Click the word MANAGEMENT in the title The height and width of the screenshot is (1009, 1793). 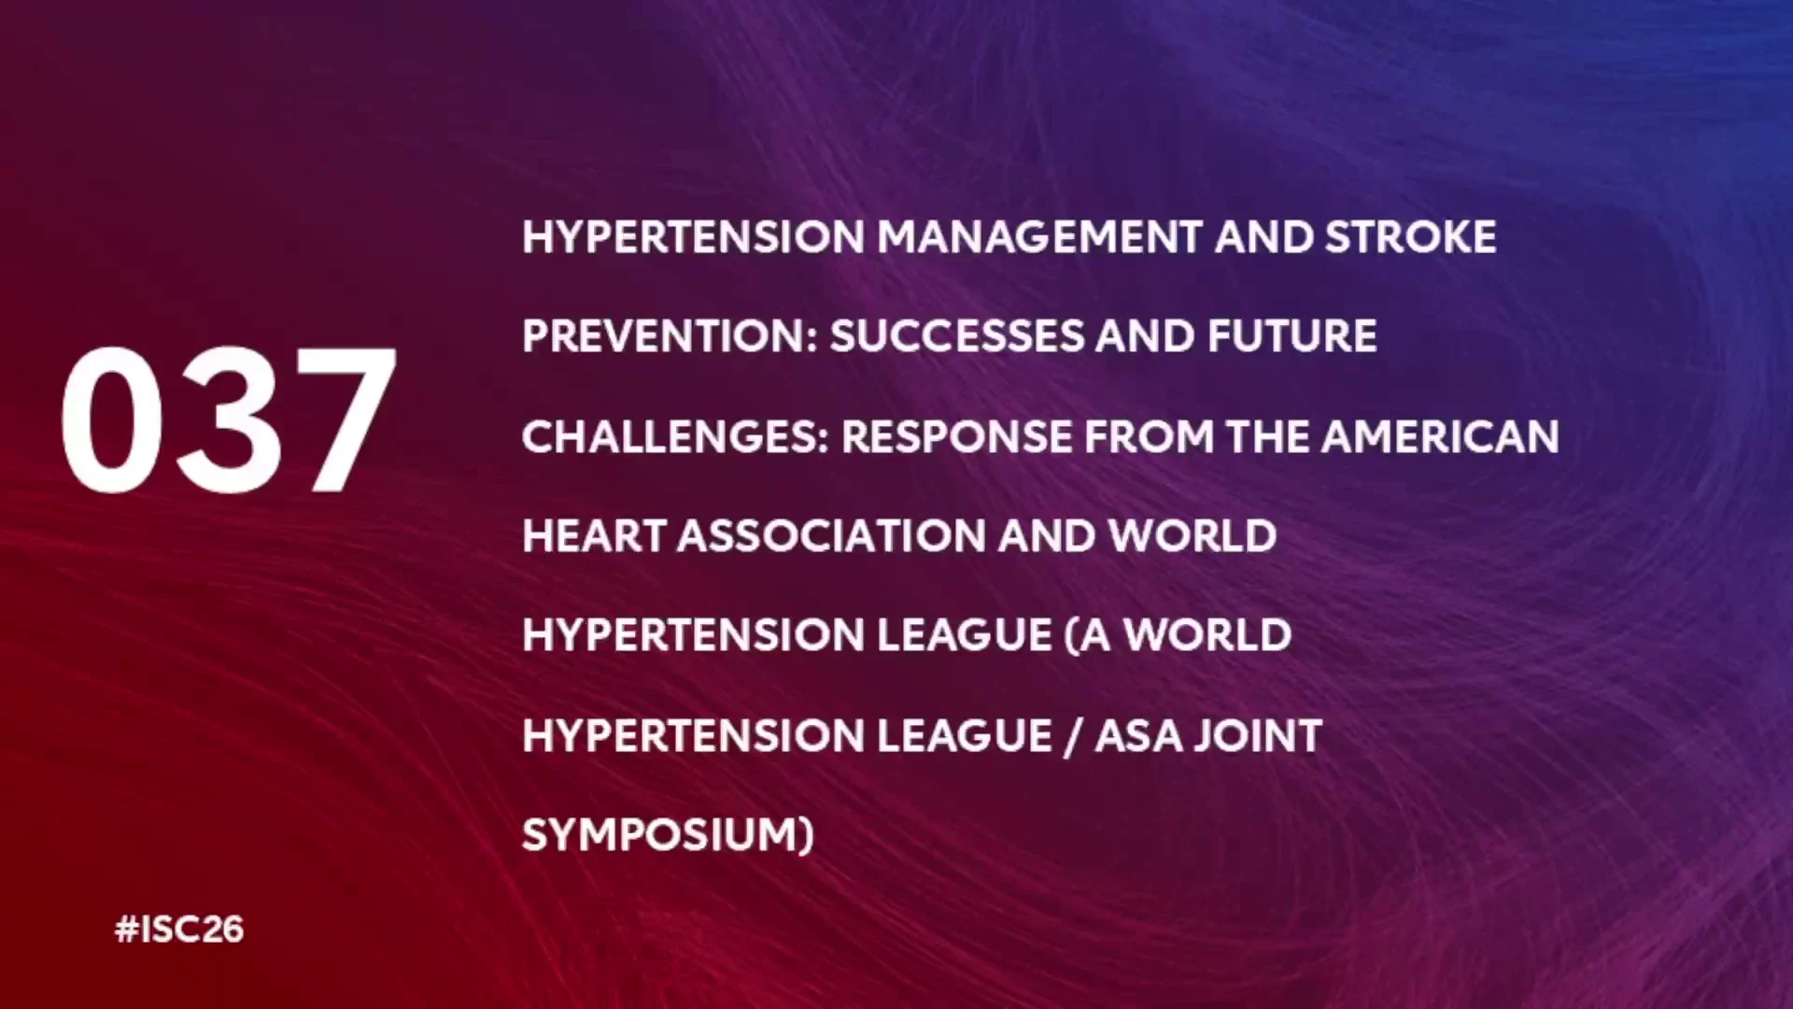pyautogui.click(x=1039, y=237)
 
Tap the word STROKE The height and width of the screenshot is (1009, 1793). pyautogui.click(x=1411, y=237)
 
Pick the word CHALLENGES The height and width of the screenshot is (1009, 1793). pyautogui.click(x=675, y=436)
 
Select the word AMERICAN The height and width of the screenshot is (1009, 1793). pyautogui.click(x=1440, y=436)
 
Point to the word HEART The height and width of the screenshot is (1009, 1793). pyautogui.click(x=594, y=536)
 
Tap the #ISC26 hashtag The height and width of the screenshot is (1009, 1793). pyautogui.click(x=179, y=930)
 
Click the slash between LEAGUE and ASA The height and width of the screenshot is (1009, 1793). pyautogui.click(x=1074, y=736)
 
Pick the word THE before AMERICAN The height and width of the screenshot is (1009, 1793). pyautogui.click(x=1267, y=436)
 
